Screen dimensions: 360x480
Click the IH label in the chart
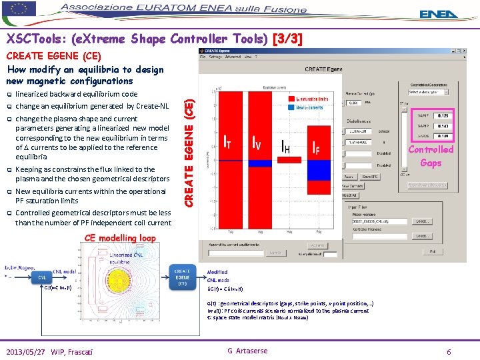tap(285, 146)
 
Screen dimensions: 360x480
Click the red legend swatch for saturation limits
tap(291, 99)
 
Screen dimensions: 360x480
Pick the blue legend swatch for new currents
tap(291, 107)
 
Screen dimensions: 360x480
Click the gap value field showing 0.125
tap(441, 116)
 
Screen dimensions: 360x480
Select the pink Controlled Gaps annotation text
tap(431, 156)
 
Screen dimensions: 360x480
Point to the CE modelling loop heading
tap(119, 238)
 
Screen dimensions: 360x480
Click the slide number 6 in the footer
tap(449, 351)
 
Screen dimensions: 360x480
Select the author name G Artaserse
tap(247, 351)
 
